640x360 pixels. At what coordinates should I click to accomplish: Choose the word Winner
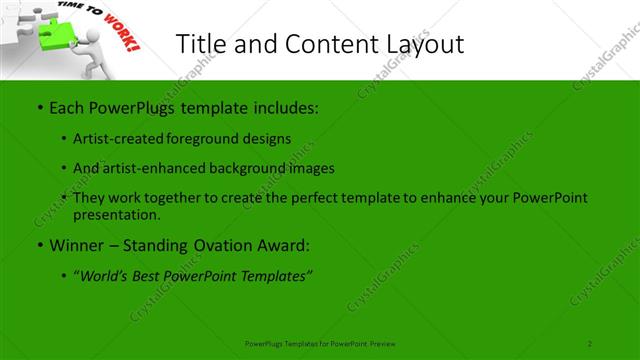(x=78, y=245)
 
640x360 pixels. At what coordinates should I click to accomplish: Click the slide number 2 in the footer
(x=590, y=343)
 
